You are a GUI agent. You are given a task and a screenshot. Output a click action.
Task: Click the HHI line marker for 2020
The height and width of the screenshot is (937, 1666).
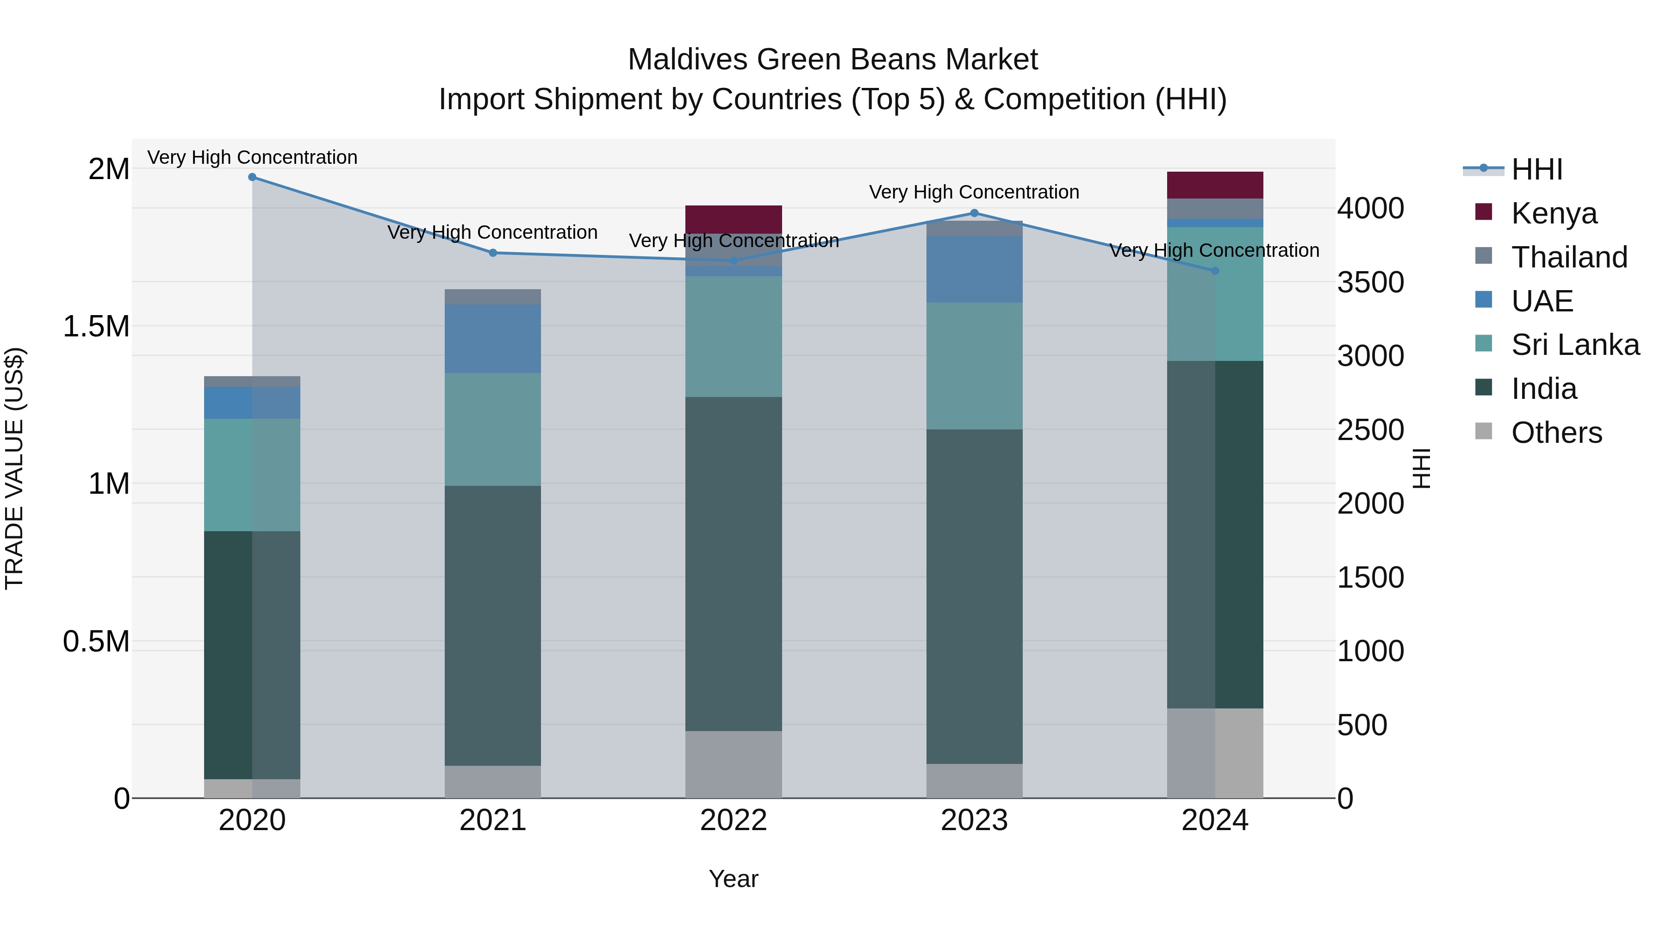[252, 177]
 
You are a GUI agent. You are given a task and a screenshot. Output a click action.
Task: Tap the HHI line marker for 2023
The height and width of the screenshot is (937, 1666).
[974, 213]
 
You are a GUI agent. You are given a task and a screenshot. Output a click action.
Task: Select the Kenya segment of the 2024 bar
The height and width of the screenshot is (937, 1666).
[1215, 185]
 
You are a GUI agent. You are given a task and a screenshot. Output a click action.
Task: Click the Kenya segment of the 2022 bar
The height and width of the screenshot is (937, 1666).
[734, 219]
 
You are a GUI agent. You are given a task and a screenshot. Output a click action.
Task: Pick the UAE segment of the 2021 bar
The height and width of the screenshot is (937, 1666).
[492, 338]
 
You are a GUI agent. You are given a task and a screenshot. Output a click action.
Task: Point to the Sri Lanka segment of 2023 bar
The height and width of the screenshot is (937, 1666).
[974, 366]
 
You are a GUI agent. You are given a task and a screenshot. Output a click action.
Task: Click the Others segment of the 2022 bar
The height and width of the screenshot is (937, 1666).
[734, 764]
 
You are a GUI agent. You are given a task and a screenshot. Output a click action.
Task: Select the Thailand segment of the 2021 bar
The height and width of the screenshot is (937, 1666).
[492, 297]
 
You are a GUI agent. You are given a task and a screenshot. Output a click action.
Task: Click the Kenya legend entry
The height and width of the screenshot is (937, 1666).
[1554, 213]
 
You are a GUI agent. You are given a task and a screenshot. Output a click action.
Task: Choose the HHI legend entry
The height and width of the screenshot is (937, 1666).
[1536, 169]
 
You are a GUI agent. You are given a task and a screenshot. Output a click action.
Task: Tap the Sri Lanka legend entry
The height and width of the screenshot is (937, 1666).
[1575, 345]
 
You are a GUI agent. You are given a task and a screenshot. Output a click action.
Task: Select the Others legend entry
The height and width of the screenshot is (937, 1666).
[1556, 433]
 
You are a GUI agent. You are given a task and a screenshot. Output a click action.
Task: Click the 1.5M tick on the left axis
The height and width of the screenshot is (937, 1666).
[96, 327]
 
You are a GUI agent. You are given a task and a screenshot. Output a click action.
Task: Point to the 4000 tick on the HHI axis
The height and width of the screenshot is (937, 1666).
[1370, 208]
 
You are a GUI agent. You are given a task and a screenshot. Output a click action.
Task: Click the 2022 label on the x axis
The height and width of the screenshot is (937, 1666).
[734, 820]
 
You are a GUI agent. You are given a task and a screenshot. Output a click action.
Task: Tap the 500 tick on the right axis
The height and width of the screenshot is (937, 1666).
[1361, 725]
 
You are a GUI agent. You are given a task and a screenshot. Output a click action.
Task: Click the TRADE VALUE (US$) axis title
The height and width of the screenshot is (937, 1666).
[14, 468]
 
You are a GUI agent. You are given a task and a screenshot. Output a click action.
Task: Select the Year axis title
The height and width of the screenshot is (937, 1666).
[734, 879]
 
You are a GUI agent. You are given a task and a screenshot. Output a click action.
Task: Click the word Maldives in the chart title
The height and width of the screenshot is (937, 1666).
[688, 60]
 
